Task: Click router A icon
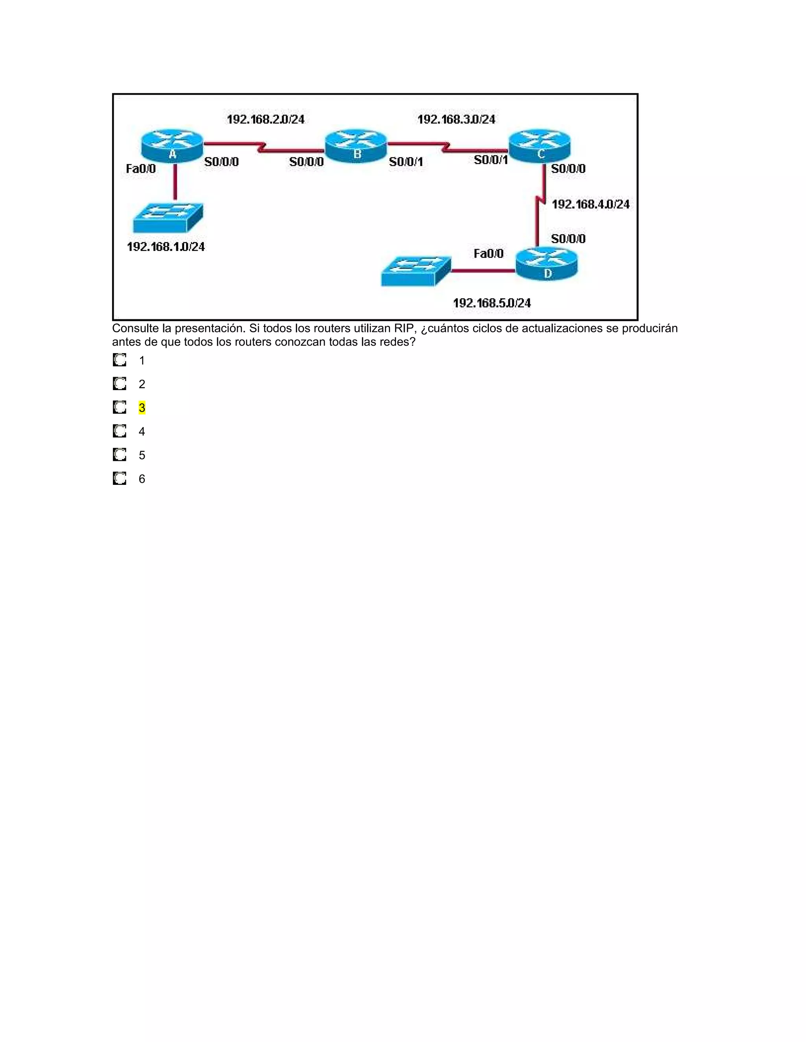[x=172, y=145]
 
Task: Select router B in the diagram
[x=356, y=145]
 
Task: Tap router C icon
[x=540, y=145]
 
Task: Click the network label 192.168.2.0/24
[x=266, y=119]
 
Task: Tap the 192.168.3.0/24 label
[x=457, y=119]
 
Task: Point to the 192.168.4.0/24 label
[x=591, y=204]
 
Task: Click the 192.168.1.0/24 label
[x=166, y=247]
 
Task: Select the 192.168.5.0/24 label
[x=492, y=303]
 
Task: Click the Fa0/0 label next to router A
[x=141, y=168]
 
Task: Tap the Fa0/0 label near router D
[x=488, y=253]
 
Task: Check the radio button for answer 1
[x=119, y=360]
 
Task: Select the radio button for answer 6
[x=119, y=479]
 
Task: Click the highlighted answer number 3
[x=142, y=408]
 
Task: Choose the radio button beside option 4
[x=119, y=431]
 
